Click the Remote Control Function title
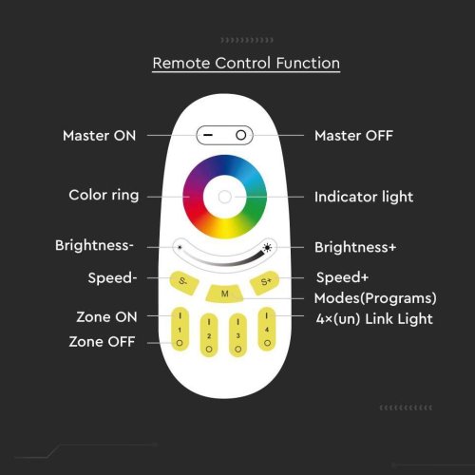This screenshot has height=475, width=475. [246, 63]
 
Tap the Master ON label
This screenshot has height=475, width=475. [100, 136]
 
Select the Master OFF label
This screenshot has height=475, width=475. [353, 136]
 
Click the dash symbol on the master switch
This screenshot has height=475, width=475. [208, 135]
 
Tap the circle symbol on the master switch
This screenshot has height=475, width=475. [241, 135]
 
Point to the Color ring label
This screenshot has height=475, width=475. [104, 196]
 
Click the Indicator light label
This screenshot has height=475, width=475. [364, 197]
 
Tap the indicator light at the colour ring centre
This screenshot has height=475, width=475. [225, 197]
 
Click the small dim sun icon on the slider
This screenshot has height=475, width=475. [180, 247]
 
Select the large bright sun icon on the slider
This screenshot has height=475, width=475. [268, 247]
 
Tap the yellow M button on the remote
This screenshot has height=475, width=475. [224, 294]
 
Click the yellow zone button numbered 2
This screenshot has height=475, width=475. [209, 335]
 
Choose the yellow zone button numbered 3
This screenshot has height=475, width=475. [238, 335]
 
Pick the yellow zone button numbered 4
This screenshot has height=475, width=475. [267, 330]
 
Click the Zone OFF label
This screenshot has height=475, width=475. [102, 342]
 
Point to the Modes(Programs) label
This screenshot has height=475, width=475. [375, 298]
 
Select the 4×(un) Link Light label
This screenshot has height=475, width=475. [374, 319]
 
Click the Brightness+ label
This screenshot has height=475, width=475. [355, 247]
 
